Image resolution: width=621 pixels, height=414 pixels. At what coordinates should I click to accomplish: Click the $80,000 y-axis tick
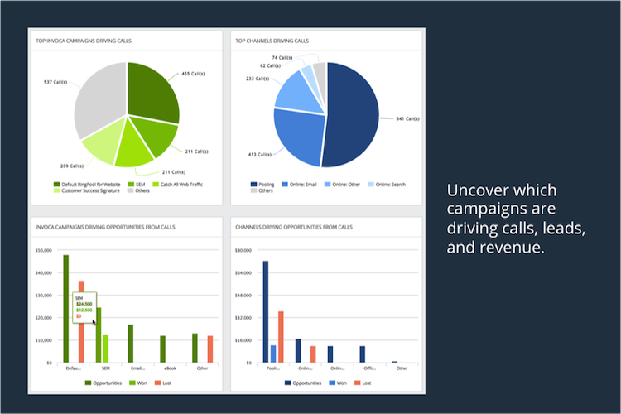pyautogui.click(x=243, y=250)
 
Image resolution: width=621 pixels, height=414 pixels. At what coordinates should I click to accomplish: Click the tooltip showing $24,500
pyautogui.click(x=84, y=304)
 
